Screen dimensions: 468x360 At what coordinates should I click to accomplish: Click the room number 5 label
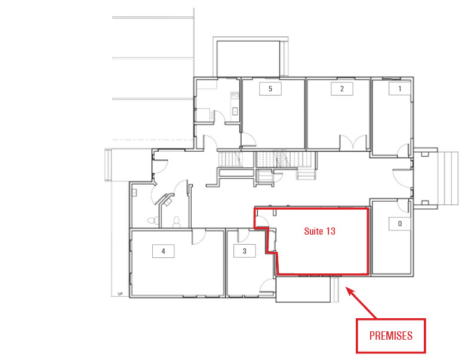pyautogui.click(x=270, y=88)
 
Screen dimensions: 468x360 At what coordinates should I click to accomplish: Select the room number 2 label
pyautogui.click(x=341, y=88)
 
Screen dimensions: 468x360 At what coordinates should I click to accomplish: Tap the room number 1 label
pyautogui.click(x=400, y=88)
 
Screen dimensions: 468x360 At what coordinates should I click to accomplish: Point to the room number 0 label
pyautogui.click(x=400, y=223)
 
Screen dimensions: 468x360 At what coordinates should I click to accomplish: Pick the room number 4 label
pyautogui.click(x=164, y=251)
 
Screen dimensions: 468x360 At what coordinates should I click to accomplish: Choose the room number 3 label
pyautogui.click(x=245, y=251)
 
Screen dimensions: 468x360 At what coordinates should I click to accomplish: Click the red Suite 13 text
pyautogui.click(x=320, y=231)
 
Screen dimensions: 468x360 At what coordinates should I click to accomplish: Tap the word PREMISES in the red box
pyautogui.click(x=391, y=336)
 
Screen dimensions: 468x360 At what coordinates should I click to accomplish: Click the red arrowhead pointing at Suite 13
pyautogui.click(x=350, y=291)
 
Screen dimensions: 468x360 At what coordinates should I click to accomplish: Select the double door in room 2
pyautogui.click(x=353, y=142)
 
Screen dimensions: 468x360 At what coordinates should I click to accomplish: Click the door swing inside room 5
pyautogui.click(x=248, y=140)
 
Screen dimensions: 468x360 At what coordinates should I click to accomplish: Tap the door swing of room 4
pyautogui.click(x=198, y=236)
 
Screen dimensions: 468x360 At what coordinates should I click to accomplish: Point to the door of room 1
pyautogui.click(x=404, y=150)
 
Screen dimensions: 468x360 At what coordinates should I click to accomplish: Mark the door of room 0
pyautogui.click(x=404, y=206)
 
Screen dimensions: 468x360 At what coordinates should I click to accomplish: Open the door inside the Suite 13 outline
pyautogui.click(x=262, y=221)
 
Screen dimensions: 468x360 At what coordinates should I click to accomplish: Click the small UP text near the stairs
pyautogui.click(x=121, y=294)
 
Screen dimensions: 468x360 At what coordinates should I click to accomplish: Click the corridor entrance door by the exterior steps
pyautogui.click(x=402, y=178)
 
